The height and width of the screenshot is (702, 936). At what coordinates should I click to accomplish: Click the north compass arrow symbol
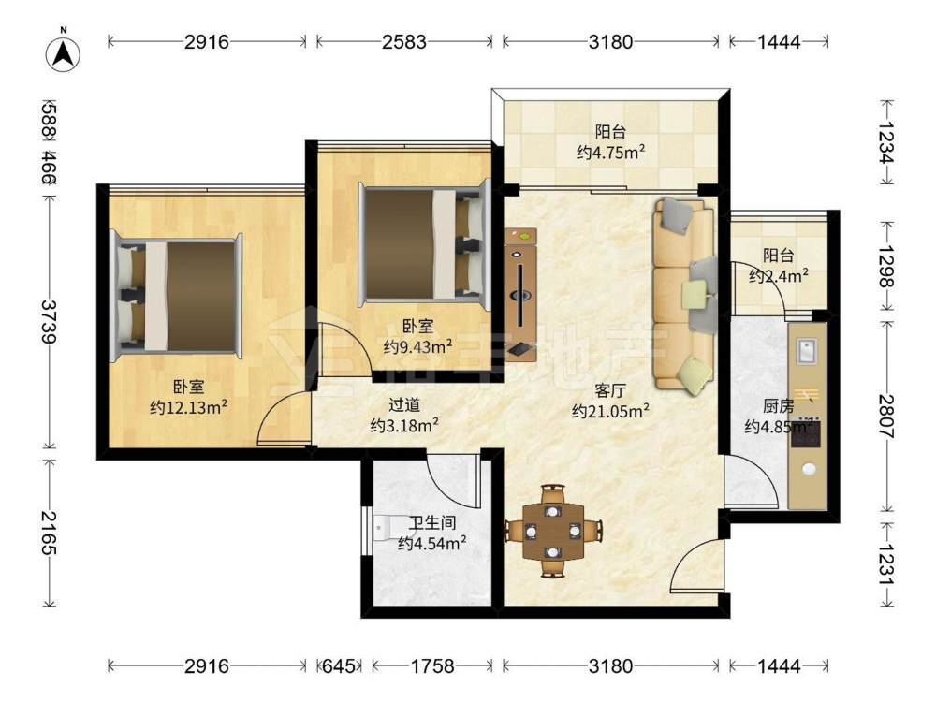click(x=64, y=54)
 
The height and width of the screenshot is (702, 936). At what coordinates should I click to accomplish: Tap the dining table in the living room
click(x=553, y=531)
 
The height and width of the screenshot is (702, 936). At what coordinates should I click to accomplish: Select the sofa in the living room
click(x=685, y=296)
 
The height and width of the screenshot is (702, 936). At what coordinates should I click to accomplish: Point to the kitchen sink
click(x=807, y=350)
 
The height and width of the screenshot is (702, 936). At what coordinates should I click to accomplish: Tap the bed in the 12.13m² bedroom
click(x=176, y=296)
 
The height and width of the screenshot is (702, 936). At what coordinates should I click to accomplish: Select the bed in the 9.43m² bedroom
click(x=425, y=244)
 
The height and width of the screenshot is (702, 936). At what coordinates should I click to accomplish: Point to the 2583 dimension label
click(x=404, y=42)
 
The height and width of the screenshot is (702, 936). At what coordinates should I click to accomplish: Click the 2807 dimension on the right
click(x=886, y=417)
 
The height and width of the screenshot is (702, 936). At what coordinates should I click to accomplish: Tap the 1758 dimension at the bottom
click(x=432, y=665)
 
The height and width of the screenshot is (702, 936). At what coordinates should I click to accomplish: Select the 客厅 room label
click(x=610, y=391)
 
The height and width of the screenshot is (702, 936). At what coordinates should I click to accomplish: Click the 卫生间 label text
click(x=432, y=523)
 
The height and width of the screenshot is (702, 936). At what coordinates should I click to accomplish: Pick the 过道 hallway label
click(x=404, y=405)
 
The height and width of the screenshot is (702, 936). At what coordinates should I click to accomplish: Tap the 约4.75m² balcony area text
click(x=610, y=152)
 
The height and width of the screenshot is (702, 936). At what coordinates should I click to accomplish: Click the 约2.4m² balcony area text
click(x=779, y=275)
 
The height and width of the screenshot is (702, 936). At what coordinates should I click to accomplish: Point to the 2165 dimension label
click(x=49, y=534)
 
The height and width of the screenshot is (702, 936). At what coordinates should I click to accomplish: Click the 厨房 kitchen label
click(x=779, y=406)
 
